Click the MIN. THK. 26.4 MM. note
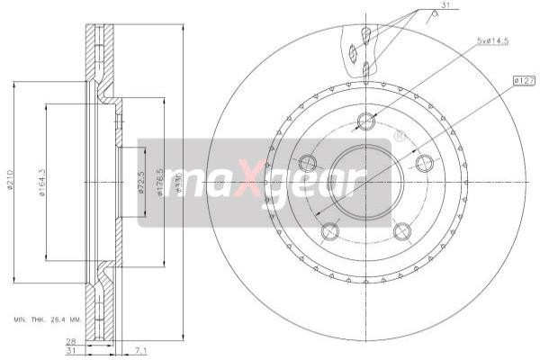(x=47, y=319)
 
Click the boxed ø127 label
(x=524, y=82)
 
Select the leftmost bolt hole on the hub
(x=308, y=163)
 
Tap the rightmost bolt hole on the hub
(x=425, y=163)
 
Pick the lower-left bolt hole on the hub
(x=330, y=231)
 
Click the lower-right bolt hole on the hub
(x=402, y=231)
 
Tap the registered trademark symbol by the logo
(x=399, y=137)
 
